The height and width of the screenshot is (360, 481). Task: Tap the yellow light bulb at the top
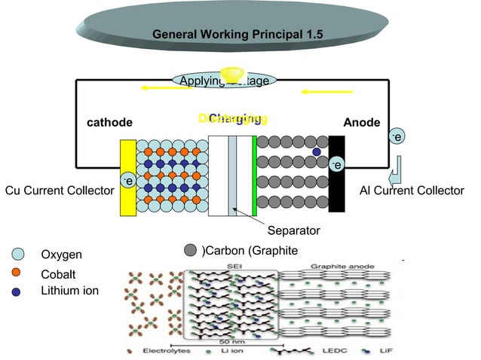[229, 75]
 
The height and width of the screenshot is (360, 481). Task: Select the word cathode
[110, 123]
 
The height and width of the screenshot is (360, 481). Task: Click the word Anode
[362, 123]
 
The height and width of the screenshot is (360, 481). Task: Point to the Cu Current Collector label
[59, 191]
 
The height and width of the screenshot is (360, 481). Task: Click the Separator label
[294, 230]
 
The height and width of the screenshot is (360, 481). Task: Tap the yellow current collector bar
[128, 177]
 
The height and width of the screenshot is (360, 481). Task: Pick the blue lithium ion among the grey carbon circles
[317, 152]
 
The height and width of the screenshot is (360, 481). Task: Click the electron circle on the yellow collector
[128, 181]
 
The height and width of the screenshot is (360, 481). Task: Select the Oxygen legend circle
[20, 255]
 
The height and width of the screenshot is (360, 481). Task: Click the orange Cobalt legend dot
[17, 272]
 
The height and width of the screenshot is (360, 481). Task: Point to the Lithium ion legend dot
[17, 291]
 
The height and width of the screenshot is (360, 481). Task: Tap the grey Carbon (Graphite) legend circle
[191, 250]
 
